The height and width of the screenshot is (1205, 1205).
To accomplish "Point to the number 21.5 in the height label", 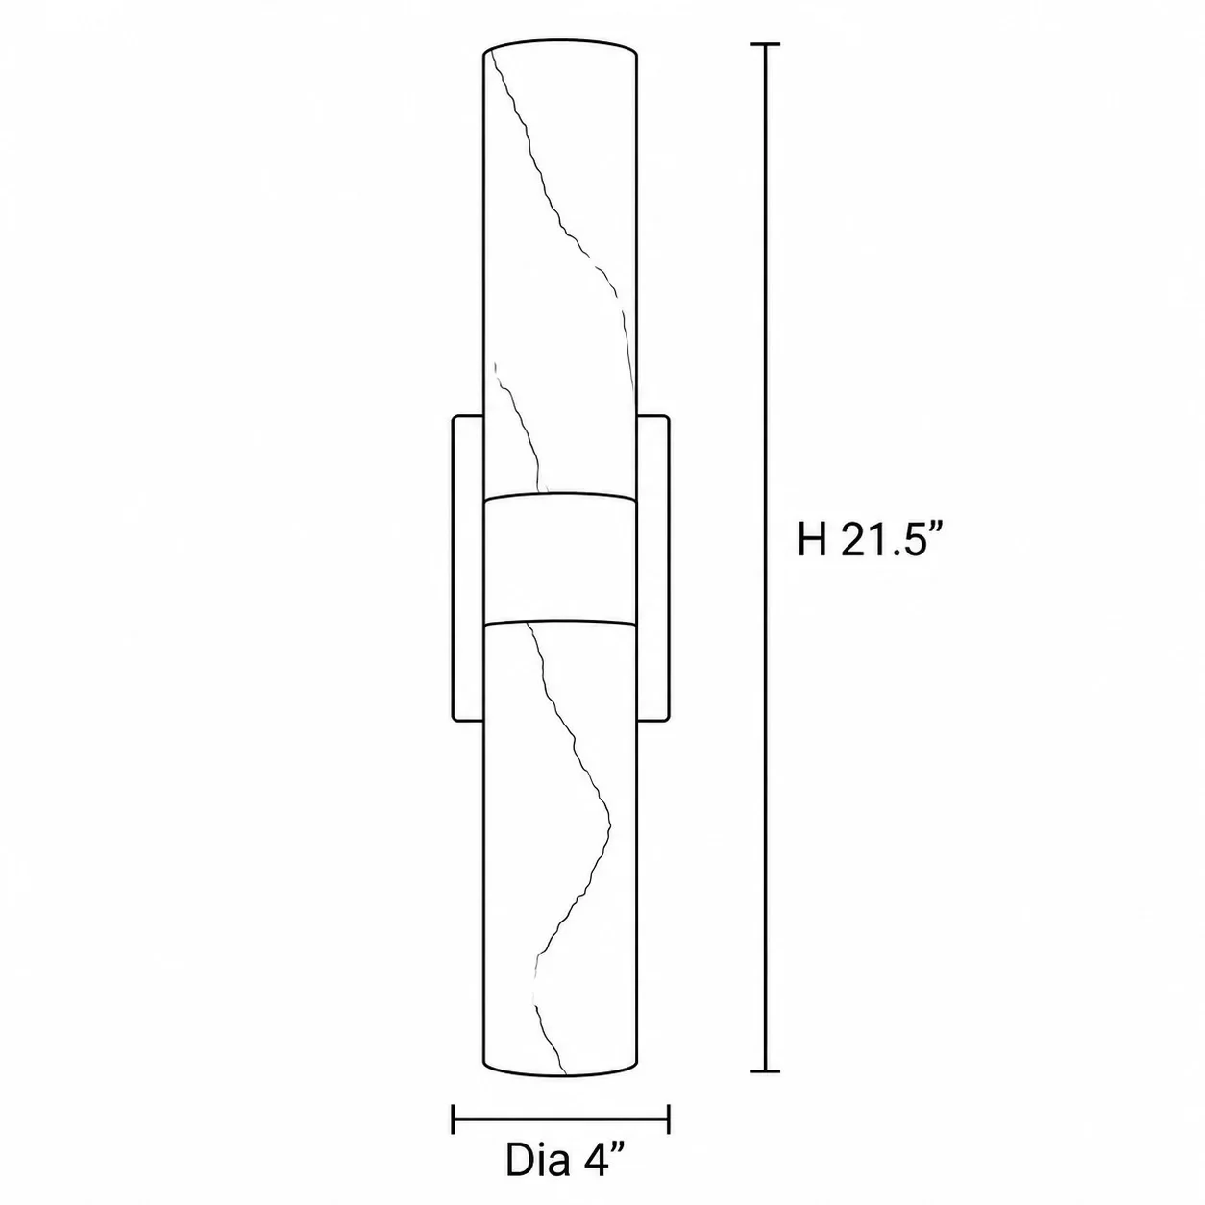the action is click(880, 539).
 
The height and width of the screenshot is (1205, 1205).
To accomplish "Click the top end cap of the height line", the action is click(765, 44).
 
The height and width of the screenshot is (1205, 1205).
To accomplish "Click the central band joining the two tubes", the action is click(561, 559).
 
